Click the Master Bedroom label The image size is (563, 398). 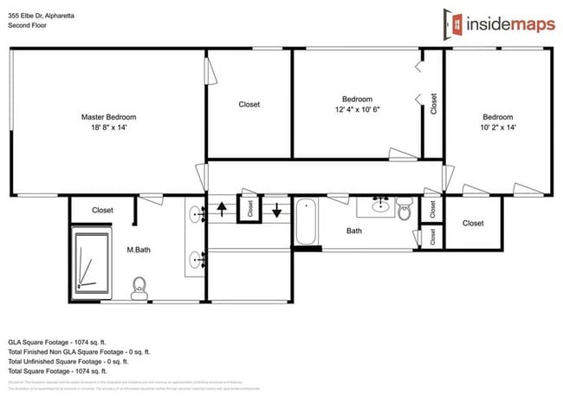pos(108,117)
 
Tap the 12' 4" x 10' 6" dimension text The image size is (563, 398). pos(358,110)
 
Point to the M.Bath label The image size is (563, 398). pos(139,250)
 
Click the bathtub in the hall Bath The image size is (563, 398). pos(306,223)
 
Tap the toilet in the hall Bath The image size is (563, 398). pos(405,209)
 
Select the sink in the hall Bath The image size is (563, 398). pos(379,205)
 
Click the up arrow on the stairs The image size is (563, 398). pos(221,209)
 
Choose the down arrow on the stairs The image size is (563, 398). pos(277,209)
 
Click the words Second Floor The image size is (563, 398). pos(28,25)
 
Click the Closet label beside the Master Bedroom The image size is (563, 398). pos(249,105)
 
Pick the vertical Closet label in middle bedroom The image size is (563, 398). pos(433,104)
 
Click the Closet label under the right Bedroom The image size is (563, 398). pos(473,223)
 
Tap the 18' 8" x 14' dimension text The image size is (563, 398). pos(108,128)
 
